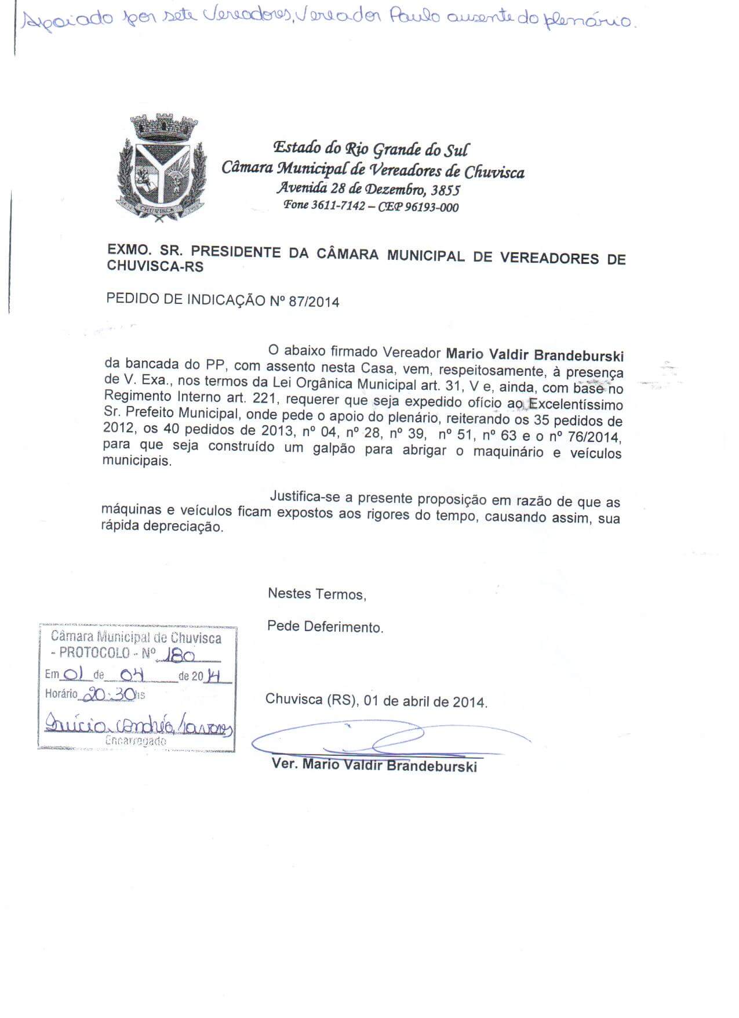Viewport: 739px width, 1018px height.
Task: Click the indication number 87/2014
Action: (x=318, y=302)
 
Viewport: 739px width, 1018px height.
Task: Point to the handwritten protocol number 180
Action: (x=179, y=654)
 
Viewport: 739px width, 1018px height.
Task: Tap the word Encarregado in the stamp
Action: (x=136, y=741)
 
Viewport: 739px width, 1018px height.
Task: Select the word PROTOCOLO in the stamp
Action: (x=94, y=653)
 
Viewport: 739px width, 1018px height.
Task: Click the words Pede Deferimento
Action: (x=325, y=627)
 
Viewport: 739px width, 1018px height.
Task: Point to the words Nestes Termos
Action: (x=316, y=594)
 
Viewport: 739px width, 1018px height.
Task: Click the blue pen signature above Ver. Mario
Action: (x=388, y=739)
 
